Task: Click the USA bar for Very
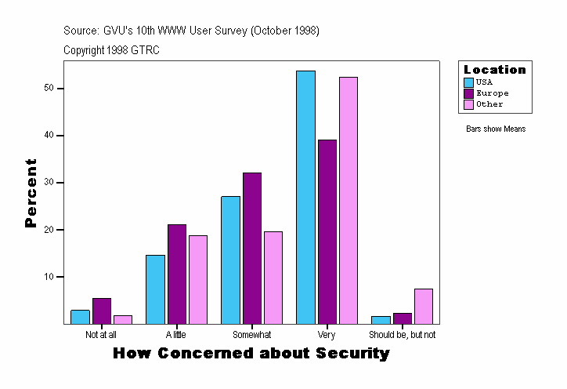[x=305, y=197]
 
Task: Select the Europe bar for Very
[x=327, y=231]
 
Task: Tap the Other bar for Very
[x=348, y=200]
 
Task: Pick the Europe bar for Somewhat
[x=251, y=248]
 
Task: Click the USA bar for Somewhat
[x=230, y=260]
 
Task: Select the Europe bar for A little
[x=176, y=274]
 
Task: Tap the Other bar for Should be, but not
[x=423, y=306]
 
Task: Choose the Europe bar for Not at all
[x=101, y=311]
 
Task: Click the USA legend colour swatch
[x=468, y=82]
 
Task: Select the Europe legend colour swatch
[x=468, y=93]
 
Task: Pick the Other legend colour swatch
[x=468, y=104]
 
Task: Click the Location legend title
[x=495, y=70]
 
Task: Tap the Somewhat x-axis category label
[x=251, y=335]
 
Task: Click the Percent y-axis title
[x=31, y=193]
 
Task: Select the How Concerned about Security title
[x=251, y=354]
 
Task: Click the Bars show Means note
[x=495, y=129]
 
